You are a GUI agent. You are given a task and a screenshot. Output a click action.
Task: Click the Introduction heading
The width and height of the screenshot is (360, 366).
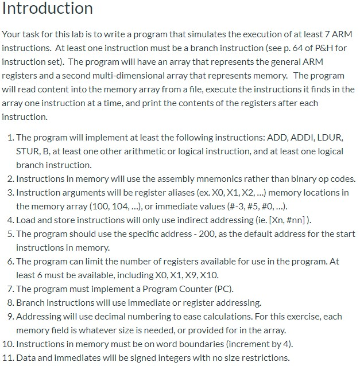pyautogui.click(x=47, y=9)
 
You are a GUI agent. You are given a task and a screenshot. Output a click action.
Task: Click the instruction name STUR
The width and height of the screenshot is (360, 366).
pyautogui.click(x=28, y=151)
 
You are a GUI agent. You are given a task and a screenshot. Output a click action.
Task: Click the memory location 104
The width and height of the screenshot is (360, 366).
pyautogui.click(x=104, y=207)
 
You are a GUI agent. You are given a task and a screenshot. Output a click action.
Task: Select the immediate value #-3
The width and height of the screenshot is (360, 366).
pyautogui.click(x=223, y=207)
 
